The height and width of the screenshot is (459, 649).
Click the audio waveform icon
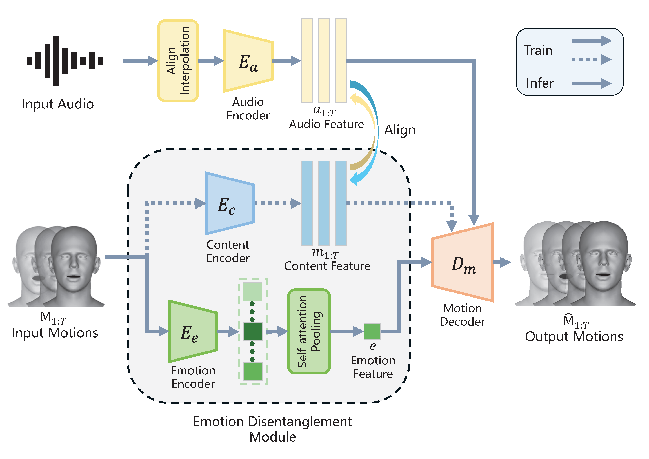click(65, 61)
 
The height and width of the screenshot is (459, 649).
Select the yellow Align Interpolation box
click(178, 61)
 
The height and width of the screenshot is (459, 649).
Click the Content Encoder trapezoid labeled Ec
click(230, 203)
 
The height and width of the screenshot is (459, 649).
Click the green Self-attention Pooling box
click(309, 331)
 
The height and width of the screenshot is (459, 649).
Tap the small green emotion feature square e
click(372, 331)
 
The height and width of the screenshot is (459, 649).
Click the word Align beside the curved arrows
click(400, 130)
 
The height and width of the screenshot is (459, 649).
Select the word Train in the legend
click(538, 51)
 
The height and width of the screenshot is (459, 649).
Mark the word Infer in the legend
click(540, 83)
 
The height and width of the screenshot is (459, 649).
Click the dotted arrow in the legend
click(591, 59)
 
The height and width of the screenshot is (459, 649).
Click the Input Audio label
click(58, 104)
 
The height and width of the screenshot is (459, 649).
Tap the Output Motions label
click(574, 337)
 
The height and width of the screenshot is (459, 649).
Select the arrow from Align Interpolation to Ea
click(211, 61)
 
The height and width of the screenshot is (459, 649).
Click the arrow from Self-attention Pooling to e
click(346, 331)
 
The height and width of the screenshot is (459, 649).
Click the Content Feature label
click(327, 266)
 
